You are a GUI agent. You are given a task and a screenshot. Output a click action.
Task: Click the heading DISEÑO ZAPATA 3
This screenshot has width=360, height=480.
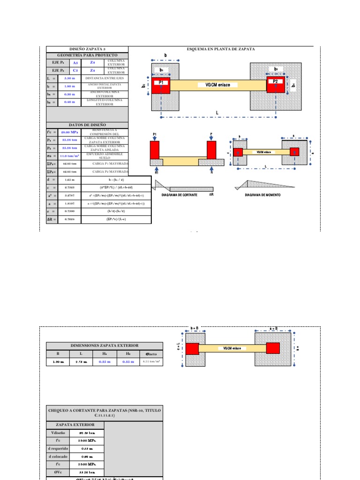[x=87, y=49]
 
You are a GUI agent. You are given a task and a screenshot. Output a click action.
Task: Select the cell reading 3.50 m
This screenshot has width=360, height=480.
[x=69, y=78]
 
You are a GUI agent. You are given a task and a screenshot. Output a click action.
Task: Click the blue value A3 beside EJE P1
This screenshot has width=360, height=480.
[x=69, y=62]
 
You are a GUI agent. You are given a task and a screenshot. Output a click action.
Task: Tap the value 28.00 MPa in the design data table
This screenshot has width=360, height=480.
[x=69, y=133]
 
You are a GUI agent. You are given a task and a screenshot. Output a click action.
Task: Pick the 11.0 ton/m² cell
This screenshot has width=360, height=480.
[x=69, y=156]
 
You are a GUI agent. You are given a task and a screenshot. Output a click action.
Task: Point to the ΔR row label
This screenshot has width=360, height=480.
[x=52, y=218]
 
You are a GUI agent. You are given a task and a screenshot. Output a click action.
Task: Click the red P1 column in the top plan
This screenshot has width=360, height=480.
[x=160, y=86]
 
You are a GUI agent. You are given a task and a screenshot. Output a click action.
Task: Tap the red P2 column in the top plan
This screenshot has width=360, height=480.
[x=276, y=85]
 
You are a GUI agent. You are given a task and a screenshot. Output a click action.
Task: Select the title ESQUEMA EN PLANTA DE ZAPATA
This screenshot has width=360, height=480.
[x=221, y=49]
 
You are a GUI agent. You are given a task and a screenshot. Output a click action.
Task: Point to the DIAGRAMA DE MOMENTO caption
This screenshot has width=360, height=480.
[x=262, y=195]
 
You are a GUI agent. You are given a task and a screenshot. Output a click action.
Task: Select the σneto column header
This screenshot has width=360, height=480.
[x=151, y=354]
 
